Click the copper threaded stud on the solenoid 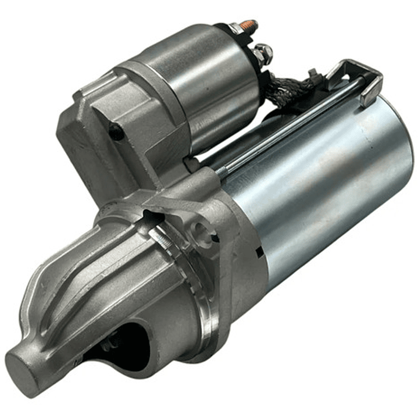pyautogui.click(x=249, y=26)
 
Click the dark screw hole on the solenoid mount pyautogui.click(x=116, y=132)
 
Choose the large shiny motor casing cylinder pyautogui.click(x=326, y=186)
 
